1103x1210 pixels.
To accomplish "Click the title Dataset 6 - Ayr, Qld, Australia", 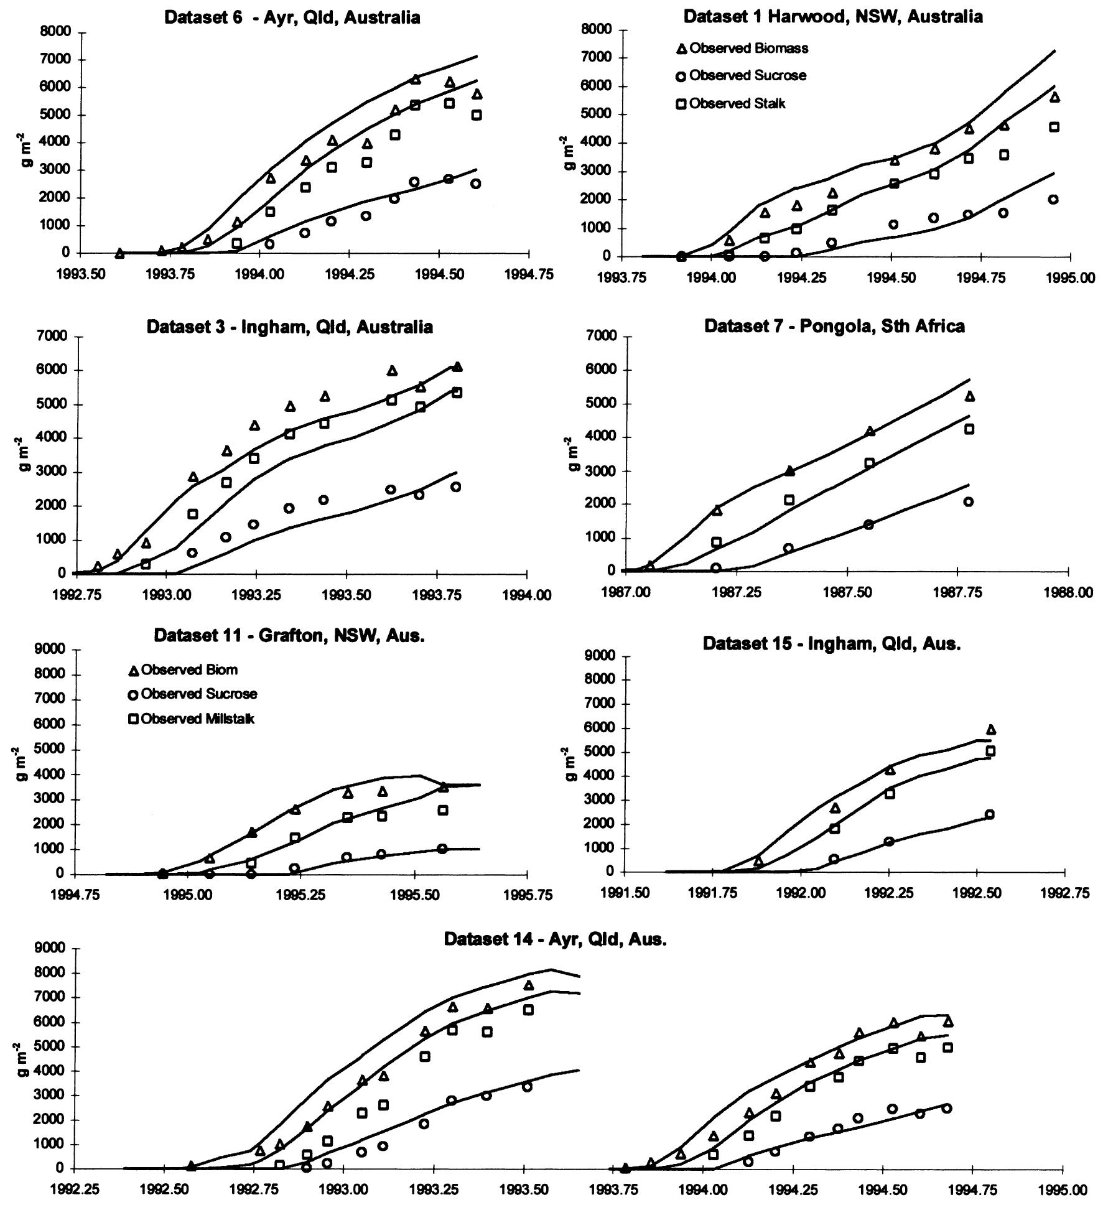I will tap(292, 17).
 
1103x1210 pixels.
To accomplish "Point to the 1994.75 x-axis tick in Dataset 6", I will tap(528, 274).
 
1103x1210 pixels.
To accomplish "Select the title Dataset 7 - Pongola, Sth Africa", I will tap(834, 326).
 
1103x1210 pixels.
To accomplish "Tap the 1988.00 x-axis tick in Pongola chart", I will tap(1068, 592).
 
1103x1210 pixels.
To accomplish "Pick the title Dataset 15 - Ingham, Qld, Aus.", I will tap(832, 644).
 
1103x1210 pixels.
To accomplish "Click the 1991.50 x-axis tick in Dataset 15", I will tap(625, 893).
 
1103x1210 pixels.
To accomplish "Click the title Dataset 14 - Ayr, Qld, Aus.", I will tap(555, 939).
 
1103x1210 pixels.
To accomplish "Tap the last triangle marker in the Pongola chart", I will tap(969, 396).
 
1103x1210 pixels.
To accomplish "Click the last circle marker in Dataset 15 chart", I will tap(989, 814).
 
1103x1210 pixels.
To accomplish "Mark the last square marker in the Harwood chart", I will tap(1054, 127).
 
